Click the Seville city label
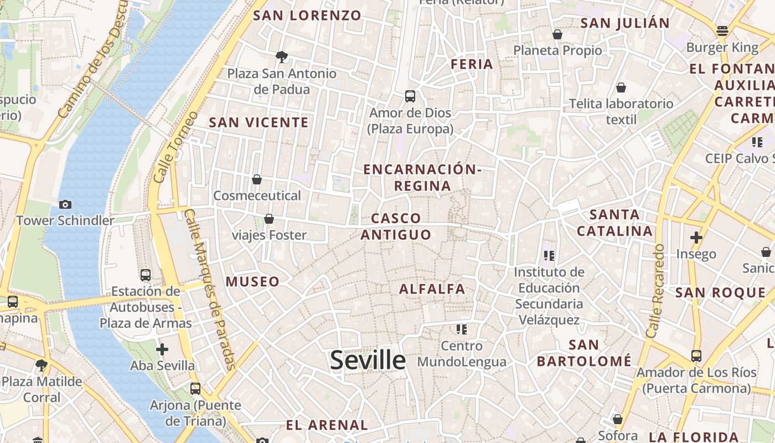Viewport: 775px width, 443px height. [x=368, y=360]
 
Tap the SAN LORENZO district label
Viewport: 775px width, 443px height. [x=307, y=16]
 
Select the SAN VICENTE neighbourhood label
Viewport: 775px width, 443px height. [x=259, y=122]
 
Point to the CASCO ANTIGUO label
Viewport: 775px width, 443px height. [x=396, y=226]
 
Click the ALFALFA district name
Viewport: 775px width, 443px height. [x=432, y=289]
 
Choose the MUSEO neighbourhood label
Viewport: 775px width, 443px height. [x=252, y=281]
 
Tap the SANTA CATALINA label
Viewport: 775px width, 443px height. [x=614, y=222]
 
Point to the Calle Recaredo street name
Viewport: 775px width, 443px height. [x=655, y=292]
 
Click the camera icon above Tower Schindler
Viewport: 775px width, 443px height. [x=65, y=204]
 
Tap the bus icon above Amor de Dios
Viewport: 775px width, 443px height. [x=410, y=96]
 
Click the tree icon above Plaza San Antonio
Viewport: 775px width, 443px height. [x=282, y=56]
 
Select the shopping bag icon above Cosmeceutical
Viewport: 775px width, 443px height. [x=257, y=179]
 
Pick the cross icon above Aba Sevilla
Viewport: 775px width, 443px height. [x=162, y=349]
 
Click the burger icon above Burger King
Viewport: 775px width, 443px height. [x=722, y=31]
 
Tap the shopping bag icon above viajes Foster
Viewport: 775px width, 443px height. [x=269, y=219]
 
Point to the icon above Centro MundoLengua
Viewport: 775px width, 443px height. [x=462, y=330]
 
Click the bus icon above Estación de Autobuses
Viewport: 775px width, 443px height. [x=146, y=275]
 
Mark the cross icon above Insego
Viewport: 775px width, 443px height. [x=696, y=238]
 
